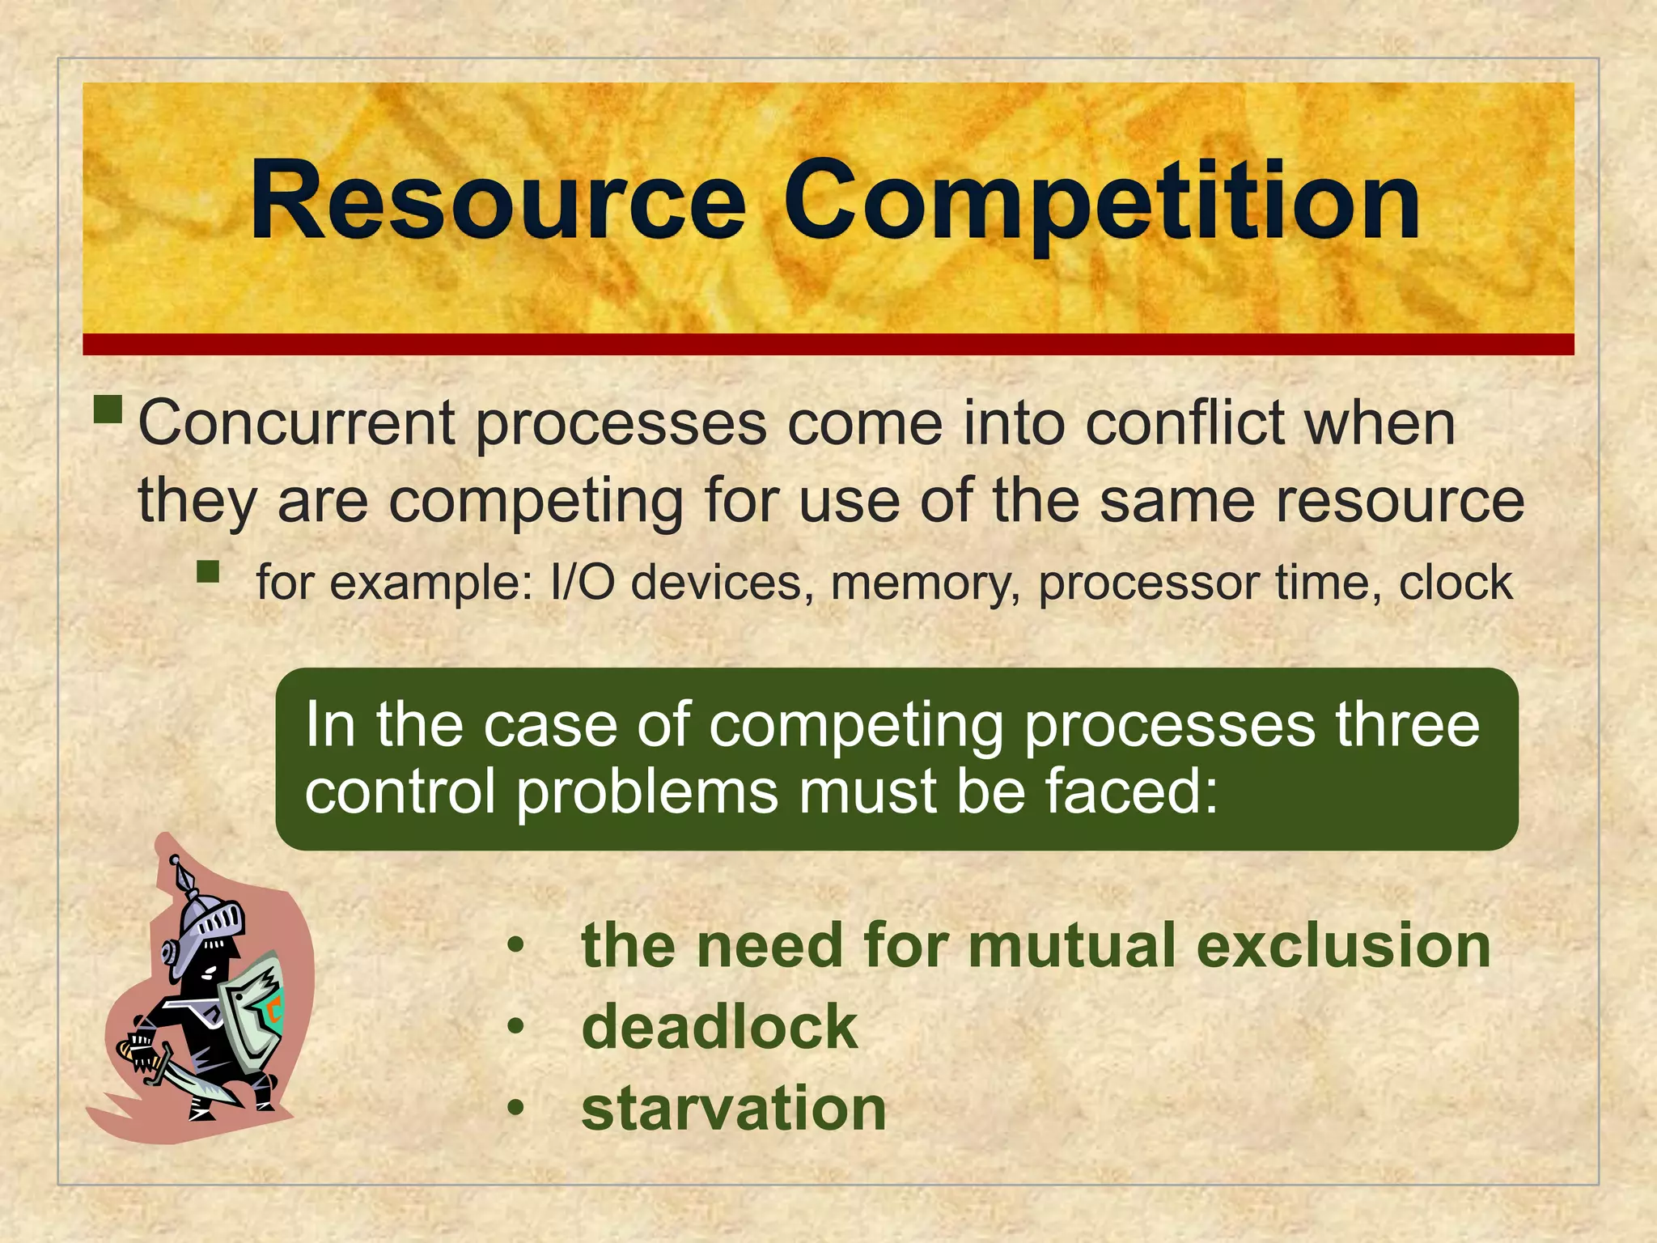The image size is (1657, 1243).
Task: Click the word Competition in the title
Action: click(1100, 202)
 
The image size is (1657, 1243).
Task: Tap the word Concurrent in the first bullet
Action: click(297, 423)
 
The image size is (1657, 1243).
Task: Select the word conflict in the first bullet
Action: click(1185, 423)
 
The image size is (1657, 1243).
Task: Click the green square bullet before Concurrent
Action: click(108, 409)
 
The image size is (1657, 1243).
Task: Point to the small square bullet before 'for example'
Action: click(208, 572)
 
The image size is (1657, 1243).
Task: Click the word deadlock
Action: click(719, 1027)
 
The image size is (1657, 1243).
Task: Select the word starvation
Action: click(734, 1108)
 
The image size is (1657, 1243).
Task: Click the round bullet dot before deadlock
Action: click(516, 1027)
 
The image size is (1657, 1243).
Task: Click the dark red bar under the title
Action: click(828, 344)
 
